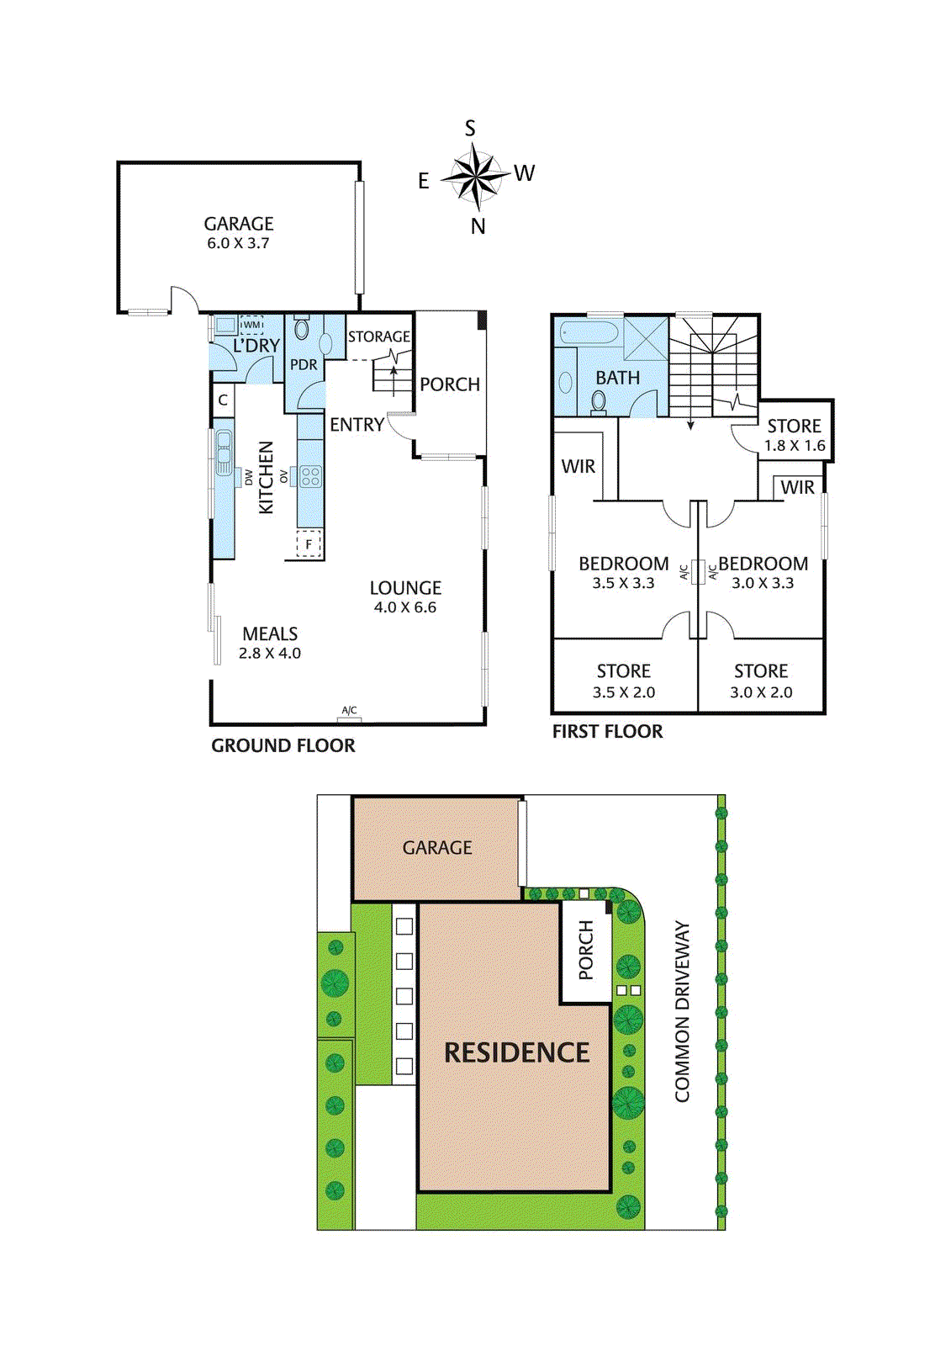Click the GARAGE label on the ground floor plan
239,224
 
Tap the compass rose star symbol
476,178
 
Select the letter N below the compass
478,226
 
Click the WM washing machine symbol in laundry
251,325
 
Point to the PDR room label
304,364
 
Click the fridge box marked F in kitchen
309,544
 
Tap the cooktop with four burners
310,477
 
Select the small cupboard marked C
223,400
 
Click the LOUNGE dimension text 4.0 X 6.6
405,607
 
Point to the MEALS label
270,633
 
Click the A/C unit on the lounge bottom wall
349,715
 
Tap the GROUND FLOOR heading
283,745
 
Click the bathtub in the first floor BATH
589,332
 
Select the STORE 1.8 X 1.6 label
794,435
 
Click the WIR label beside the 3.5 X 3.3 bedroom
579,466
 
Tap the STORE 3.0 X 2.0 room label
761,681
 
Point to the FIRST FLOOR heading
607,731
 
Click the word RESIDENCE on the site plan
516,1052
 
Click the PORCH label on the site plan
586,951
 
